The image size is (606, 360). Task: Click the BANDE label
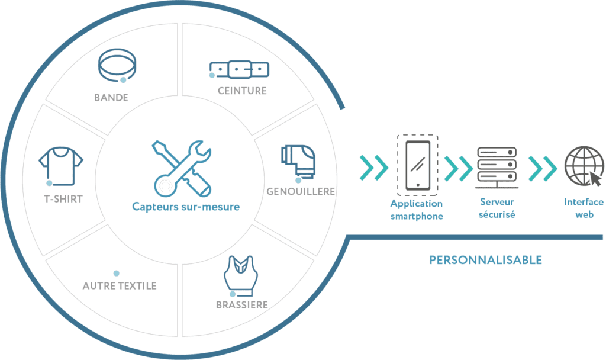click(111, 98)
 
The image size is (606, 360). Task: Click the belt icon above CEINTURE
click(239, 70)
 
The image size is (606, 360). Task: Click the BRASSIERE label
click(241, 306)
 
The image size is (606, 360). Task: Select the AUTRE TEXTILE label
click(120, 285)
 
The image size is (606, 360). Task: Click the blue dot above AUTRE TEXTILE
click(116, 274)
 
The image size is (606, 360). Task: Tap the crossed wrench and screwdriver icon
click(181, 167)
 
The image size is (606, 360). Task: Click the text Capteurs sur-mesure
click(186, 207)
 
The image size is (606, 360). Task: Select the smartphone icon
click(417, 165)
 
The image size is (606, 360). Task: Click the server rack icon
click(497, 166)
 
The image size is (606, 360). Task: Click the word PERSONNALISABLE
click(485, 260)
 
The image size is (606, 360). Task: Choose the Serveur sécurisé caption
click(497, 208)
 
